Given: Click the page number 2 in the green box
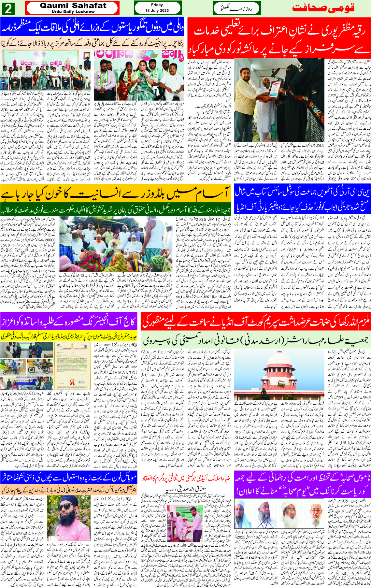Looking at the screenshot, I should (x=8, y=8).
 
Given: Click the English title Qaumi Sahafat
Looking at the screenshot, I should (x=73, y=6).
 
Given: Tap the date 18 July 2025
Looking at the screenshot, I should (x=157, y=10).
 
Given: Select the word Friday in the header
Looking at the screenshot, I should (x=157, y=5).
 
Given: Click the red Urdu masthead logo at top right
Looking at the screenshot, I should (x=323, y=8).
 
